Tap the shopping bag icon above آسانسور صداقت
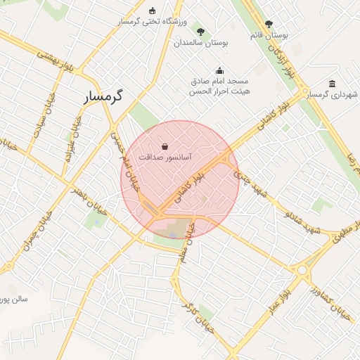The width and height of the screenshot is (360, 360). [x=164, y=146]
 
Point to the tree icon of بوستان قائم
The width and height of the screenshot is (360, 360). [x=269, y=23]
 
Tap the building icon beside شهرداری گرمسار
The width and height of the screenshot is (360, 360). [x=332, y=84]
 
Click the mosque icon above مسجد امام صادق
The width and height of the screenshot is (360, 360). [x=220, y=70]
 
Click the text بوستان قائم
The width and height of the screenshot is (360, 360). [x=269, y=34]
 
